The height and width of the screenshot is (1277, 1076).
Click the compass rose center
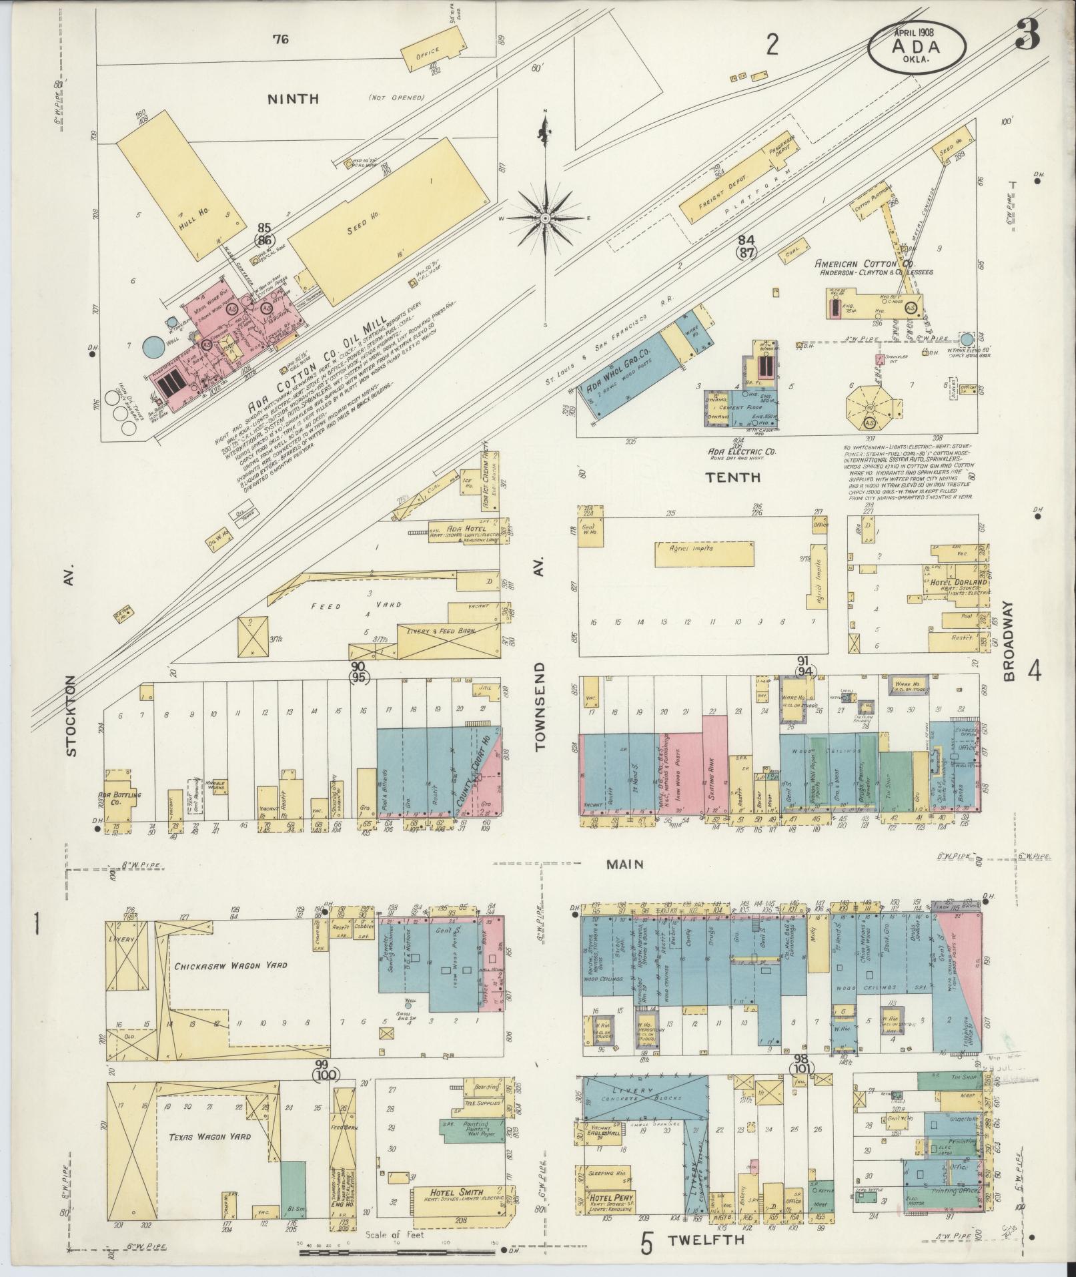[546, 219]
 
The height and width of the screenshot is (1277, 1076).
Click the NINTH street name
[293, 99]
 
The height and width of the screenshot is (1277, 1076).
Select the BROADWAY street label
[1009, 640]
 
